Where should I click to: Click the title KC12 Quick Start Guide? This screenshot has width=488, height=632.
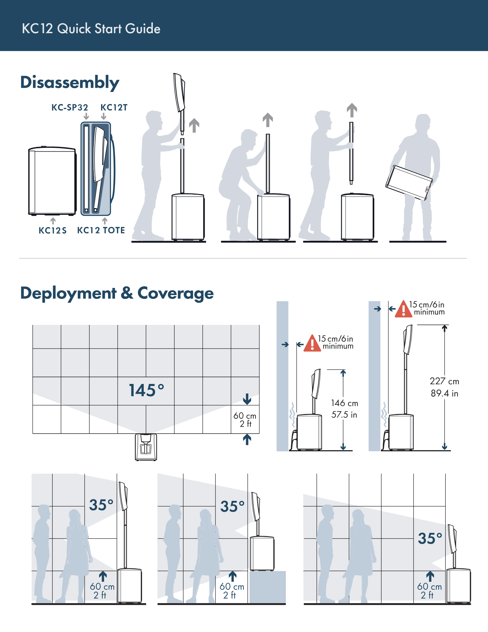point(91,28)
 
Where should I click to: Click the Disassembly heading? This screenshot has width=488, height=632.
point(70,83)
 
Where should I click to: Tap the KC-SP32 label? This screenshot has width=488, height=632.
point(70,107)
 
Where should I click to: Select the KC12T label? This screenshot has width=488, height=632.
point(114,107)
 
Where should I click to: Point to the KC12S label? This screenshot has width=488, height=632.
point(53,230)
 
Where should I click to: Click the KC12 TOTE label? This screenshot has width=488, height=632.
point(101,230)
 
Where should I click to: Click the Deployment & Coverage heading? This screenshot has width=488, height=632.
point(117,294)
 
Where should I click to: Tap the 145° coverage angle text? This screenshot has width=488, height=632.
point(147,390)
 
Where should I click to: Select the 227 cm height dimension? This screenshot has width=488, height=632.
point(444,381)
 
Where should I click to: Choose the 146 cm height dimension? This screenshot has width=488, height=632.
point(345,403)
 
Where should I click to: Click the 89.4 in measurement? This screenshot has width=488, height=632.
point(444,393)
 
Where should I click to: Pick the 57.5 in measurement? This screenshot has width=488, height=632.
point(344,415)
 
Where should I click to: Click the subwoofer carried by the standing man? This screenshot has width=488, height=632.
point(409,182)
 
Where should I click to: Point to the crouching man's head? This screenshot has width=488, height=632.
point(249,139)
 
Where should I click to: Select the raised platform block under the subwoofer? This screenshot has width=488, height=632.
point(268,587)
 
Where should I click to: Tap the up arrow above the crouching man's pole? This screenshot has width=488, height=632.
point(268,120)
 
